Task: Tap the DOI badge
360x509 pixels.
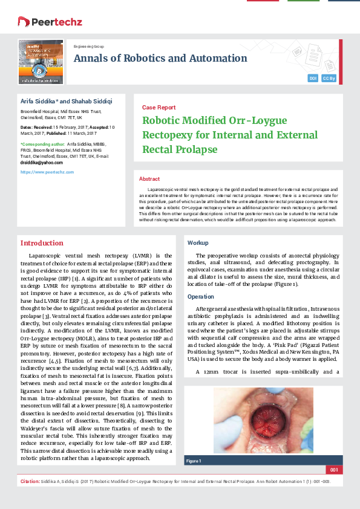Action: coord(313,79)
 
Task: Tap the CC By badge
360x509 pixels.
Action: coord(329,79)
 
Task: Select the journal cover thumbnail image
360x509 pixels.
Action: coord(41,61)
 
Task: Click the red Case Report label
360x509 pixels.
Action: coord(159,107)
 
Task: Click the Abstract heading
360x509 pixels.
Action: coord(149,180)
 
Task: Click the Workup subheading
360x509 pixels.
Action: coord(198,242)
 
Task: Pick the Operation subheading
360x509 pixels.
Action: coord(200,297)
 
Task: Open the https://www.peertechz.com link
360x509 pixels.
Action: coord(47,172)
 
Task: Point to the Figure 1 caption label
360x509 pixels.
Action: coord(194,461)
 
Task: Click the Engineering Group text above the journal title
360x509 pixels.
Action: coord(88,47)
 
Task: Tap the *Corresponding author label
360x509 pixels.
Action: coord(42,144)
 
